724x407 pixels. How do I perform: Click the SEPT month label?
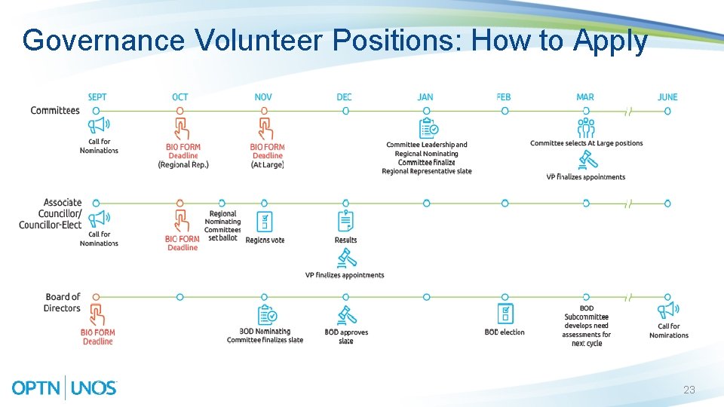tap(97, 96)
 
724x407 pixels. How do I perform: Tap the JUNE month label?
tap(667, 96)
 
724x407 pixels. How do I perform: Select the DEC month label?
tap(345, 96)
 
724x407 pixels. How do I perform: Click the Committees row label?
tap(55, 111)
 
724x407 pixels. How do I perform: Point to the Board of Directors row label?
tap(62, 302)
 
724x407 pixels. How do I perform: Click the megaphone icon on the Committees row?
tap(99, 126)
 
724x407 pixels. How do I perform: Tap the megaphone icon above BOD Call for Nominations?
tap(668, 311)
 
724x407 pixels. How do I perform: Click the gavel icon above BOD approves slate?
tap(346, 314)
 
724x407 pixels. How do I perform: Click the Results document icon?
tap(345, 222)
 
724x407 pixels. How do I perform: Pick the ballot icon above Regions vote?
tap(264, 222)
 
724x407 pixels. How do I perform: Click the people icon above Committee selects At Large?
tap(586, 127)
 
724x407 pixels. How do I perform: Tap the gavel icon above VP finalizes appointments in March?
tap(586, 160)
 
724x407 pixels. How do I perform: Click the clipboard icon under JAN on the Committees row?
tap(428, 127)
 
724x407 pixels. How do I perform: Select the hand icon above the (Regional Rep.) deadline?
tap(181, 127)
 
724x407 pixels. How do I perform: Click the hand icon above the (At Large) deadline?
tap(265, 127)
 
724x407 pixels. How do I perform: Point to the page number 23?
tap(689, 390)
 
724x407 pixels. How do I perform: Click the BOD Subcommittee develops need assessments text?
tap(586, 326)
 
